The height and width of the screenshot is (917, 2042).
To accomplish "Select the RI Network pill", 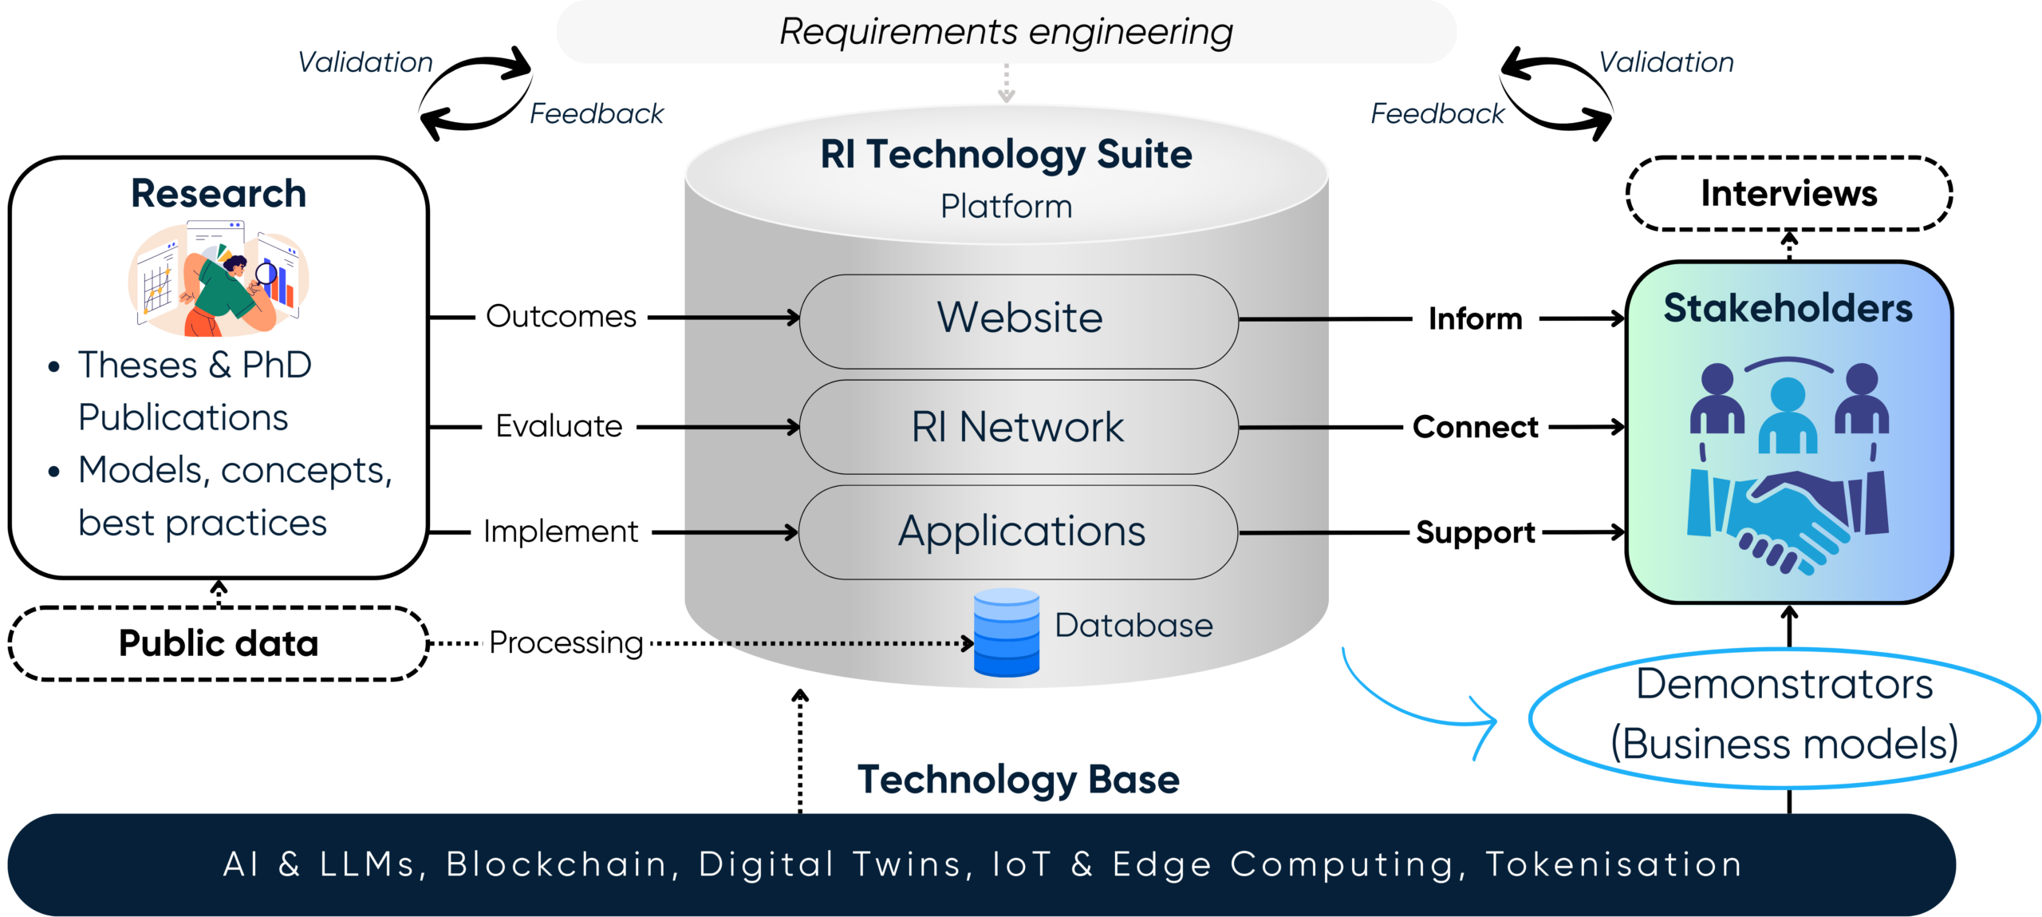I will click(x=1019, y=427).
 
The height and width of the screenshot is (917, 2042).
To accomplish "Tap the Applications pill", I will click(x=1019, y=532).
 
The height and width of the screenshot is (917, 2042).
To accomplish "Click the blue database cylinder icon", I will click(x=1007, y=632).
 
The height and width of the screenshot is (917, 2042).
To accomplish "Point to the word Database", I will click(x=1133, y=626).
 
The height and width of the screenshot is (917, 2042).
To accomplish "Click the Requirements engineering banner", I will click(x=1006, y=32).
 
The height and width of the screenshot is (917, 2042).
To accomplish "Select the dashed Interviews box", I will click(x=1789, y=193).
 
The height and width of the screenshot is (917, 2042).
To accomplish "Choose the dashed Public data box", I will click(x=219, y=643).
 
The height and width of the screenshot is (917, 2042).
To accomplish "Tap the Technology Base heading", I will click(x=1019, y=780).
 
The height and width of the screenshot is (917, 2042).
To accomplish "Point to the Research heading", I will click(x=219, y=194).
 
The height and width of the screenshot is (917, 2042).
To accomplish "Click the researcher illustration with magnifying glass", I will click(x=219, y=279).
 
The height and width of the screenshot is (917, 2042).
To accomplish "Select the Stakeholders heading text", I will click(x=1788, y=309).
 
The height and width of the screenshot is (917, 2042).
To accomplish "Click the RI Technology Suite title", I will click(x=1006, y=154).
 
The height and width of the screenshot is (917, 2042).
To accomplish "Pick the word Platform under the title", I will click(x=1006, y=207).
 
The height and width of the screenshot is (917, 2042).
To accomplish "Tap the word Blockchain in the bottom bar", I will click(x=557, y=864).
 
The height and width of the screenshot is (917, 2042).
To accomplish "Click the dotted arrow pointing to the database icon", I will click(x=846, y=642).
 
